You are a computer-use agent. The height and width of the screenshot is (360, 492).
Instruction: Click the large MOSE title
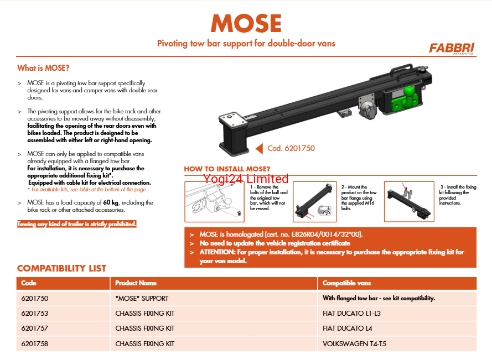pyautogui.click(x=246, y=23)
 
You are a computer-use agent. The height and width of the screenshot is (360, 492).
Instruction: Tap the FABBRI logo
pyautogui.click(x=451, y=48)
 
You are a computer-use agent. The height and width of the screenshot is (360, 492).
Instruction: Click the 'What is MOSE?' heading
pyautogui.click(x=43, y=69)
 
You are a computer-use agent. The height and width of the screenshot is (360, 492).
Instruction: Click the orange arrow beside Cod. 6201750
pyautogui.click(x=258, y=148)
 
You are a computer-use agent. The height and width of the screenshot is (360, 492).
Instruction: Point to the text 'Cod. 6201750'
pyautogui.click(x=291, y=148)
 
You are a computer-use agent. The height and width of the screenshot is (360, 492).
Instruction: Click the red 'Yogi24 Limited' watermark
pyautogui.click(x=246, y=179)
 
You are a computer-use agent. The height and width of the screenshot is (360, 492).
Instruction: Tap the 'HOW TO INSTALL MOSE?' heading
pyautogui.click(x=227, y=169)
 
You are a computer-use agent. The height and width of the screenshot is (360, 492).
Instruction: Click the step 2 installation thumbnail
pyautogui.click(x=314, y=201)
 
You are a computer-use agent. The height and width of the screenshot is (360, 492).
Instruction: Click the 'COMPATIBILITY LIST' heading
pyautogui.click(x=61, y=269)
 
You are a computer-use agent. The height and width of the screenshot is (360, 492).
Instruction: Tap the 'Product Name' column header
pyautogui.click(x=136, y=283)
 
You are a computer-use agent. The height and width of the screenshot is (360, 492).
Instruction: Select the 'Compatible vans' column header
pyautogui.click(x=346, y=283)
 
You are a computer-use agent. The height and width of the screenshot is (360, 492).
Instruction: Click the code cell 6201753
pyautogui.click(x=35, y=314)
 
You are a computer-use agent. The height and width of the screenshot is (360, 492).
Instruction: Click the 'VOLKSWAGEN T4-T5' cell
pyautogui.click(x=355, y=344)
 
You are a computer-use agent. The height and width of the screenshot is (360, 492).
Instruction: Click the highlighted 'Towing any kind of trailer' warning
pyautogui.click(x=77, y=225)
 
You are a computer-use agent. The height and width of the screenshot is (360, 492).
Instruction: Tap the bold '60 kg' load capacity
pyautogui.click(x=111, y=203)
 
